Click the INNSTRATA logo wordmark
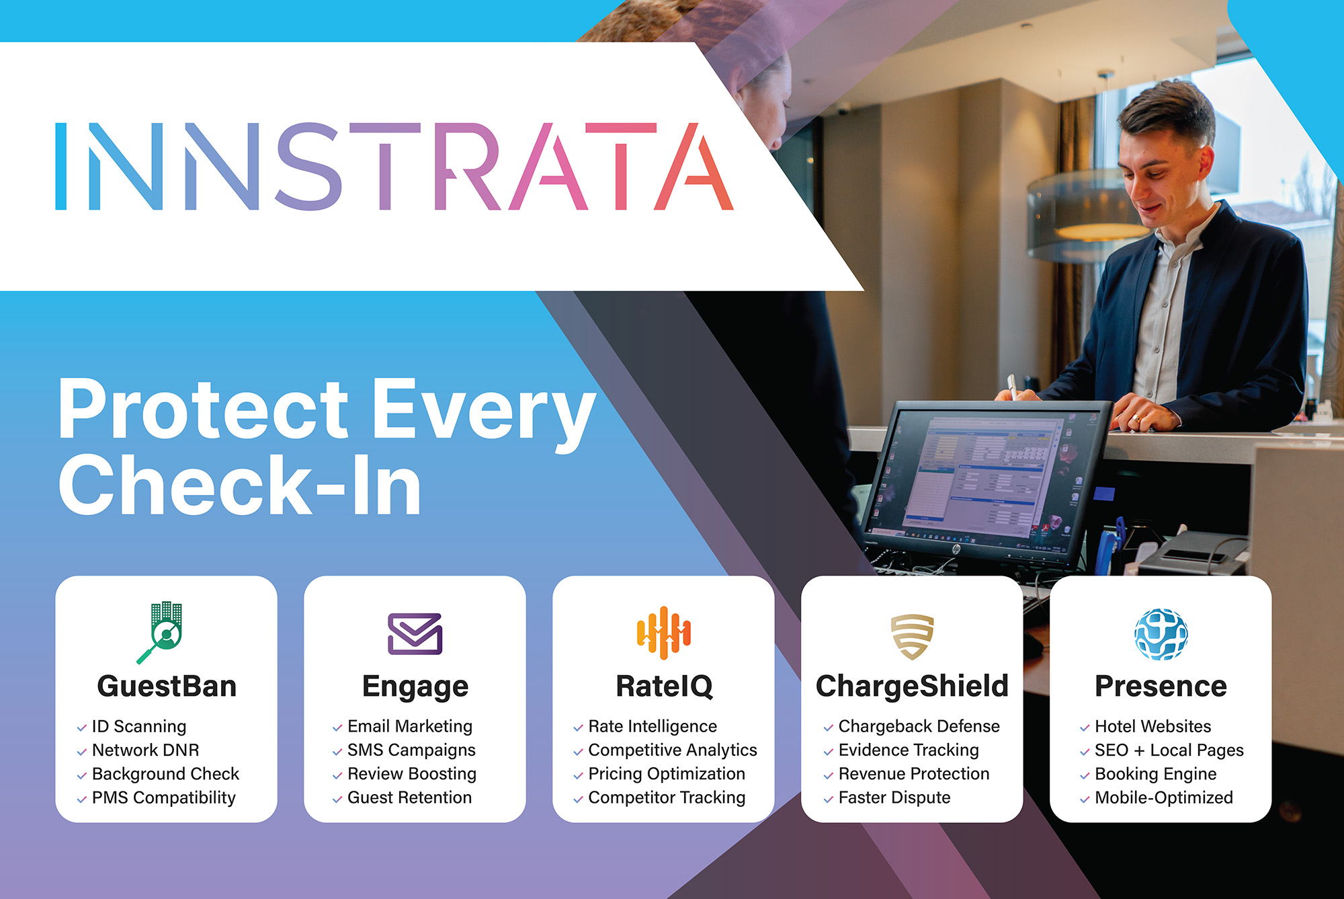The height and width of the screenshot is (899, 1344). pyautogui.click(x=394, y=166)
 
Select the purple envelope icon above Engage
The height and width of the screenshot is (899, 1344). pyautogui.click(x=415, y=633)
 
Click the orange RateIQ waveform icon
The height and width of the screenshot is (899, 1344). pyautogui.click(x=663, y=633)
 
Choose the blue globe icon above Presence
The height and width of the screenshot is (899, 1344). pyautogui.click(x=1161, y=634)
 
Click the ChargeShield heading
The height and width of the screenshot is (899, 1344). pyautogui.click(x=912, y=687)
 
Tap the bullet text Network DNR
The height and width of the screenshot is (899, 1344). pyautogui.click(x=145, y=750)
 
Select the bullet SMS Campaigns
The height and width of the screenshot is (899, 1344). pyautogui.click(x=411, y=750)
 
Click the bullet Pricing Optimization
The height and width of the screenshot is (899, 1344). pyautogui.click(x=666, y=774)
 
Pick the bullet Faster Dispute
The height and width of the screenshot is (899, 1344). pyautogui.click(x=894, y=797)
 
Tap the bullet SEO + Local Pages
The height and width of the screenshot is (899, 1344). pyautogui.click(x=1169, y=750)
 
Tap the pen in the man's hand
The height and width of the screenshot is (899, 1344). pyautogui.click(x=1012, y=386)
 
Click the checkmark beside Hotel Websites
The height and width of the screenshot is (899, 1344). pyautogui.click(x=1084, y=728)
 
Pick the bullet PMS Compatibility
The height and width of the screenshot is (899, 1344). pyautogui.click(x=163, y=797)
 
